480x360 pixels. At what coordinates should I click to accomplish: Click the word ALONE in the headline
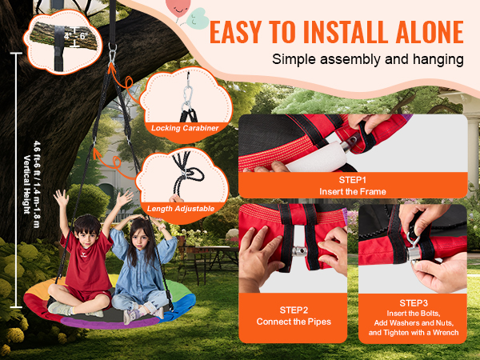[x=430, y=32]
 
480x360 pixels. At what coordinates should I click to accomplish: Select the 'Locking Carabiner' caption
[x=185, y=128]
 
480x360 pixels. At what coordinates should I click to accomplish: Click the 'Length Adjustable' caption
[x=181, y=209]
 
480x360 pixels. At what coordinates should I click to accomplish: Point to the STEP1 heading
[x=352, y=180]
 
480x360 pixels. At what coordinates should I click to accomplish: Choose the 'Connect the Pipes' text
[x=294, y=322]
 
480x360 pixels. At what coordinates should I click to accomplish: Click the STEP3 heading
[x=414, y=303]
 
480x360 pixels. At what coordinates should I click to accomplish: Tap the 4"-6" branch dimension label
[x=76, y=36]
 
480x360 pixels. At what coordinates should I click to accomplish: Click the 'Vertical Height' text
[x=27, y=185]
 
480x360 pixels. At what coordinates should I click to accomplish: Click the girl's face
[x=139, y=238]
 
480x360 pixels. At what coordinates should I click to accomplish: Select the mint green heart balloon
[x=198, y=18]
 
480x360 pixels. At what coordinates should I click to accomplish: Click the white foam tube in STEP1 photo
[x=317, y=157]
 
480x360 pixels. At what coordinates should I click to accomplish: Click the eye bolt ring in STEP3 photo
[x=413, y=238]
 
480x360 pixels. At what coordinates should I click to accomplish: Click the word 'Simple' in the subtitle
[x=294, y=59]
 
